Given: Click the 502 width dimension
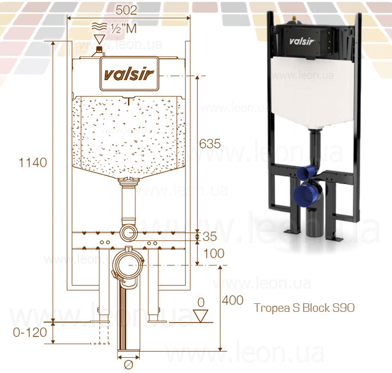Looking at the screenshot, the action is click(x=126, y=10).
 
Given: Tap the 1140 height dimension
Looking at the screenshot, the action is click(x=32, y=163).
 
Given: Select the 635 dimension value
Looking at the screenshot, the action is click(x=209, y=144).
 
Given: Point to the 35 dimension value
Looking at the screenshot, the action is click(x=209, y=237).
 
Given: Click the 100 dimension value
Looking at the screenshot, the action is click(x=214, y=254).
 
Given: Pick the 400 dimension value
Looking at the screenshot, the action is click(x=233, y=300).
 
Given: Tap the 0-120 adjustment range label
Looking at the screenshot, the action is click(x=30, y=332).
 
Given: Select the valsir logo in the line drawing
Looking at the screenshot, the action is click(x=129, y=75).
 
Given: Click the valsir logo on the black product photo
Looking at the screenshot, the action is click(x=301, y=41).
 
